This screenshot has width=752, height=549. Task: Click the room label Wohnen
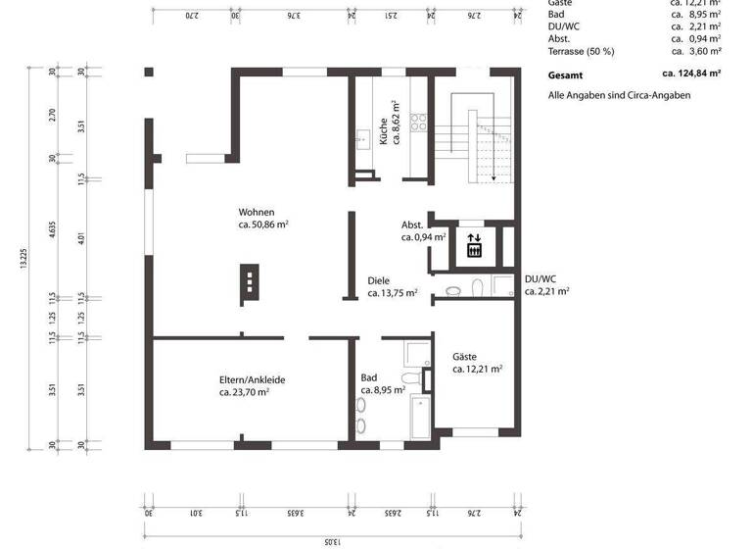(257, 213)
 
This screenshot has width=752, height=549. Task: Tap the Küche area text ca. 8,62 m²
(396, 123)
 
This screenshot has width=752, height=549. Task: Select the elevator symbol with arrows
(474, 244)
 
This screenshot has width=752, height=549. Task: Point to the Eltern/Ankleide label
(252, 379)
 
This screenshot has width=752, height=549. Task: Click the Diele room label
(379, 280)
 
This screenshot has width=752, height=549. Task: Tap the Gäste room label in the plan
(465, 357)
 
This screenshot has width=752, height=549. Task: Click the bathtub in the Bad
(418, 416)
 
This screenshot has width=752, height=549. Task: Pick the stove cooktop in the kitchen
(419, 122)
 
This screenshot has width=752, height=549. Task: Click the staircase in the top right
(483, 137)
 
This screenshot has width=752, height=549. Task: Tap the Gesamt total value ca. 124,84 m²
(691, 73)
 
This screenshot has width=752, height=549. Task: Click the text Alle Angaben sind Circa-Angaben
(619, 95)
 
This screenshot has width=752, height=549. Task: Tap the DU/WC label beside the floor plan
(540, 278)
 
